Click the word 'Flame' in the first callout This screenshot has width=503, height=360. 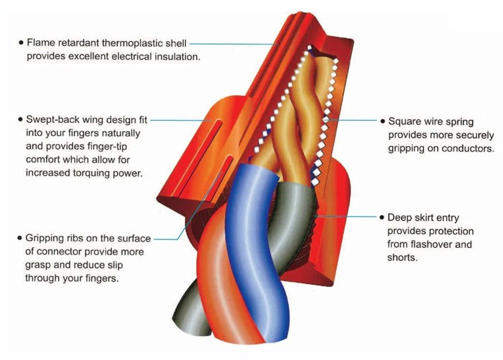click(38, 43)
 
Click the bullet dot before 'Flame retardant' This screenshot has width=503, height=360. click(20, 43)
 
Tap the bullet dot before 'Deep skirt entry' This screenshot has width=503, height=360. click(382, 218)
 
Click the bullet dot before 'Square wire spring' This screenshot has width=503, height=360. click(383, 121)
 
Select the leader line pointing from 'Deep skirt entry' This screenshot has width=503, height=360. click(348, 217)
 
